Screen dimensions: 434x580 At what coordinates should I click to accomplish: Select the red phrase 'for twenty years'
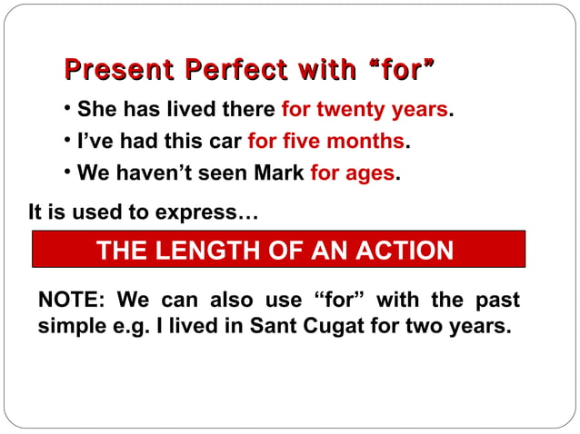click(x=365, y=111)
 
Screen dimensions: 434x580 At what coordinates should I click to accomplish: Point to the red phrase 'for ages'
click(x=352, y=173)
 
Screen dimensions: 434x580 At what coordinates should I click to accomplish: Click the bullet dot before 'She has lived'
click(x=69, y=110)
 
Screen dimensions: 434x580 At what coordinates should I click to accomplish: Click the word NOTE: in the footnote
click(x=72, y=300)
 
